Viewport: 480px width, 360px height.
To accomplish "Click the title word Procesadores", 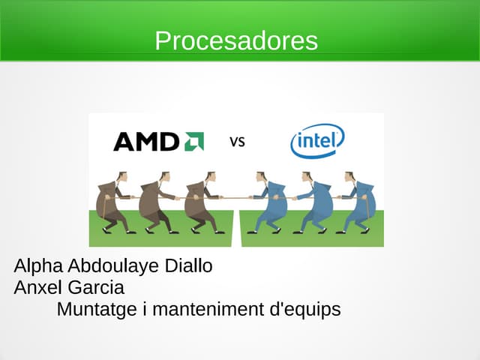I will [x=236, y=40].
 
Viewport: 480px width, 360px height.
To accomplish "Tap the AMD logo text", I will [x=147, y=142].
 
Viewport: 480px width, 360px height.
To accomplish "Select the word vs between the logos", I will [x=237, y=141].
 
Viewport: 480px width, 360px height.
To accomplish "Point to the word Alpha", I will [x=38, y=266].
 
